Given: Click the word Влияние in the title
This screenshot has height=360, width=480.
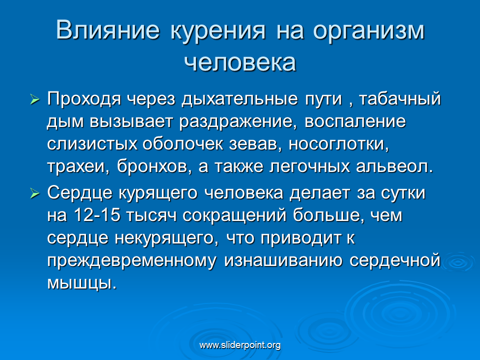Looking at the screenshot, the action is pos(108,30).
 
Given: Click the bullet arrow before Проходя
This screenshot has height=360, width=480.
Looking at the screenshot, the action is pos(35,100).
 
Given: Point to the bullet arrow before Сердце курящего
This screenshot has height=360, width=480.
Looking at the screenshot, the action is pos(35,194).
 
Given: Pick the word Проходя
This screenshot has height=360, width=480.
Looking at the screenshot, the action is pos(84,99).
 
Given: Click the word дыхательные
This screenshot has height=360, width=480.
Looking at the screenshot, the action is pos(239,99).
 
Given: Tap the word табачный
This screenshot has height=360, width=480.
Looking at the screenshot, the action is pos(400,98).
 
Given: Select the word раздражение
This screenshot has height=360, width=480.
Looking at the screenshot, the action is pos(238,122).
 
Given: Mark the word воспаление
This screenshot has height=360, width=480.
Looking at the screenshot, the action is pos(355,121).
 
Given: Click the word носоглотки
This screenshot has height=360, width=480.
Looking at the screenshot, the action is pos(338,144).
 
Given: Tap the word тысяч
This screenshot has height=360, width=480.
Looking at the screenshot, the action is pos(151,215).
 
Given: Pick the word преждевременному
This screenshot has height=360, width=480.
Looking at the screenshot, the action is pos(131,261).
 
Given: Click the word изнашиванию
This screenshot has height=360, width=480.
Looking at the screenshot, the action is pos(283,261).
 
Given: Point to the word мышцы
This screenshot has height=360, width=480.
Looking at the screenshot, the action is pos(82,283).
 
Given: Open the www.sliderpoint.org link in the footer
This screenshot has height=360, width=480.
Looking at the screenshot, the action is pos(240,345).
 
